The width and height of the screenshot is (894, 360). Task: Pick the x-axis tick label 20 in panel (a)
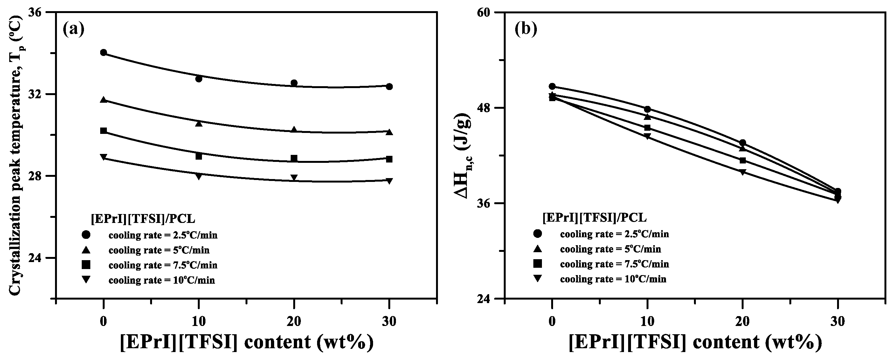(294, 322)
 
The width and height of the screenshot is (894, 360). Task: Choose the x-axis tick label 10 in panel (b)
(647, 322)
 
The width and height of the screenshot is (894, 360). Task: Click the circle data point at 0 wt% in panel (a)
(103, 53)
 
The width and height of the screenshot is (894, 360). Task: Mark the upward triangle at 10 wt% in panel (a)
(199, 123)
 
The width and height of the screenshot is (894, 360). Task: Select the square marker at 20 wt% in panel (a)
(294, 159)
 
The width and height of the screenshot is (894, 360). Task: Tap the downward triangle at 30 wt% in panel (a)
(389, 181)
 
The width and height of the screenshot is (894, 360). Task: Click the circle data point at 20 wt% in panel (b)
(743, 143)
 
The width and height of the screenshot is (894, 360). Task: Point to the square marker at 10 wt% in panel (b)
(647, 128)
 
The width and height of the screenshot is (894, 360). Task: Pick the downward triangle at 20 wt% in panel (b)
(743, 172)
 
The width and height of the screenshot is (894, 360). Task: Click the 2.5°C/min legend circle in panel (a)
(86, 235)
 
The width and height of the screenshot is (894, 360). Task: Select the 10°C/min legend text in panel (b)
(613, 279)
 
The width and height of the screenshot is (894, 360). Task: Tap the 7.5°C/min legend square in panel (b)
(537, 264)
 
